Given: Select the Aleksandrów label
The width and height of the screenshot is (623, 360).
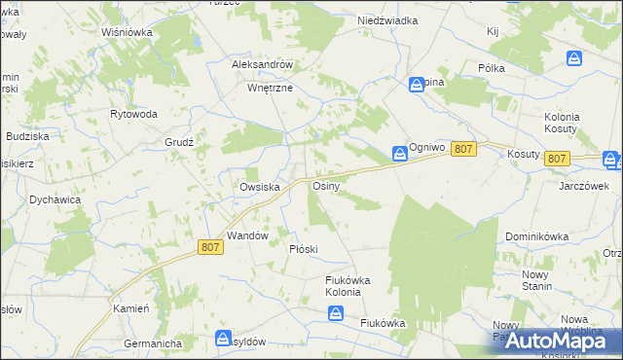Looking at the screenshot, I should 262,64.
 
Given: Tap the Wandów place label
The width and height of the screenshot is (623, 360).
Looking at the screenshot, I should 247,235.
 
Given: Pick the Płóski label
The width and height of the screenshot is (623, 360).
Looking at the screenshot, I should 304,249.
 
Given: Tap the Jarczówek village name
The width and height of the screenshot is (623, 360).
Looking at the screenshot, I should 583,186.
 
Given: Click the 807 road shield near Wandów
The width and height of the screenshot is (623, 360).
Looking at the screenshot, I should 211,247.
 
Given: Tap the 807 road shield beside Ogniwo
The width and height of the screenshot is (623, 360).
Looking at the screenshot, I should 464,148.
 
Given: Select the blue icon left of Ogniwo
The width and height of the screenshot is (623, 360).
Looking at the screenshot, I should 400,153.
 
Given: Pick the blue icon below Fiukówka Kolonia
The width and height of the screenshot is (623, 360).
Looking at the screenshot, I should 336,312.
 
